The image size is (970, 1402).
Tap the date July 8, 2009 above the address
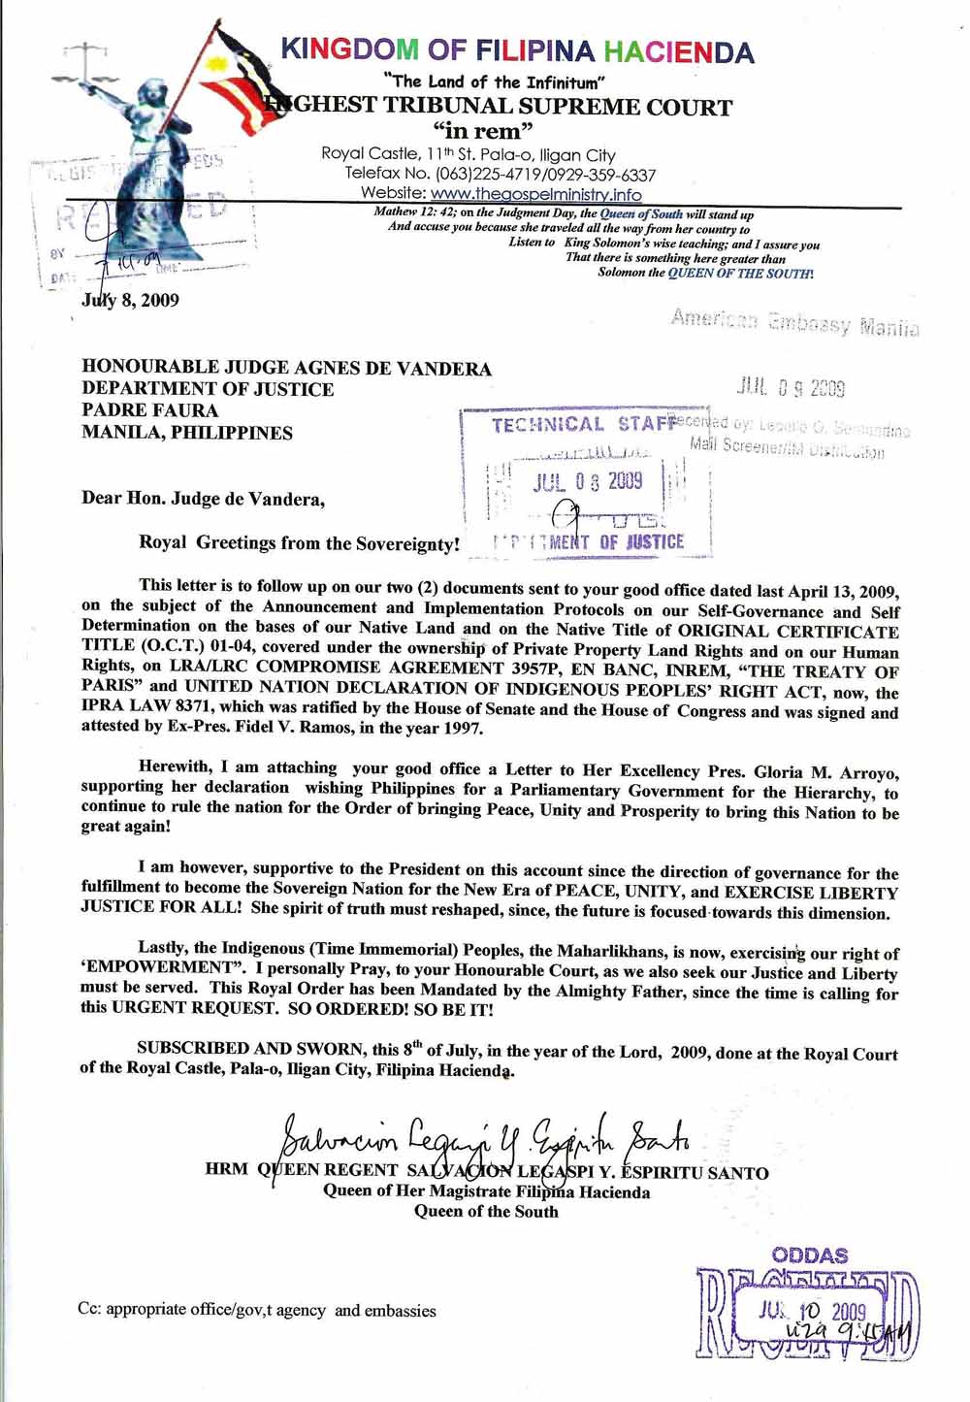pyautogui.click(x=130, y=299)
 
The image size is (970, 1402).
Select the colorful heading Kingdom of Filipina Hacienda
pyautogui.click(x=517, y=50)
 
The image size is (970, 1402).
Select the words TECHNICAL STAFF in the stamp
pyautogui.click(x=582, y=425)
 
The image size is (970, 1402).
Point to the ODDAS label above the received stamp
pyautogui.click(x=810, y=1255)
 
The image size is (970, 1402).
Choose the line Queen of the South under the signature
pyautogui.click(x=486, y=1211)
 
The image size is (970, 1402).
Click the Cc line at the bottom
pyautogui.click(x=257, y=1310)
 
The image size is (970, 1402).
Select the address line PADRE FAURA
pyautogui.click(x=150, y=410)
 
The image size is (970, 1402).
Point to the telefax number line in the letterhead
pyautogui.click(x=501, y=175)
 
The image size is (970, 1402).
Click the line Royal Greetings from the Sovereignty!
pyautogui.click(x=298, y=543)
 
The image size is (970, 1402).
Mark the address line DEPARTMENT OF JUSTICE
pyautogui.click(x=208, y=389)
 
